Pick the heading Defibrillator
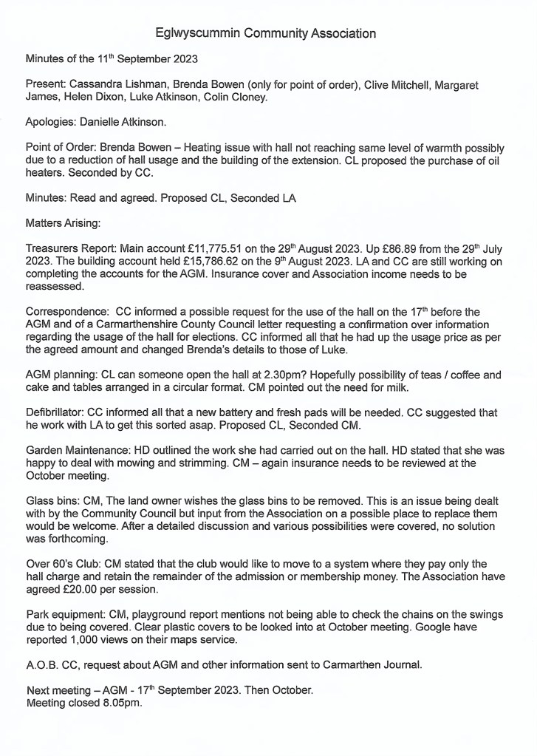point(55,412)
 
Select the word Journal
point(400,664)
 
